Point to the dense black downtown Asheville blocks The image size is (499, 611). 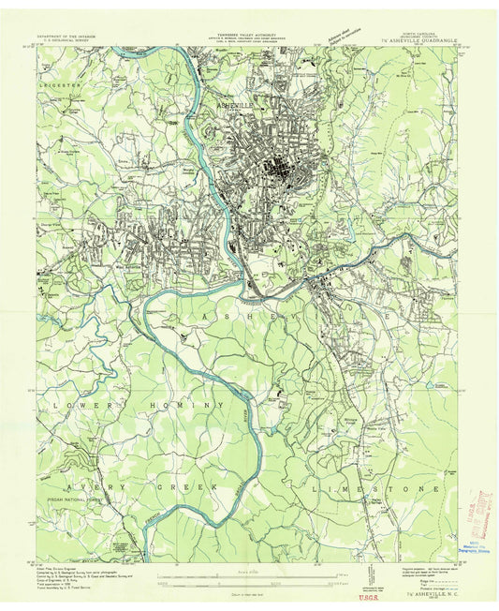[278, 171]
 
